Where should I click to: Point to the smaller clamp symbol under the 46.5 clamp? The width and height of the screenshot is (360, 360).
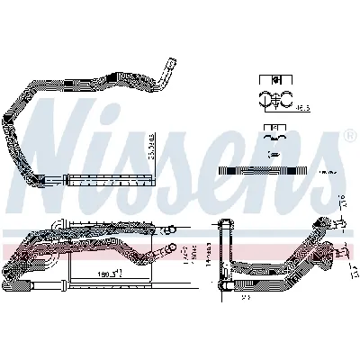[x=270, y=137]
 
